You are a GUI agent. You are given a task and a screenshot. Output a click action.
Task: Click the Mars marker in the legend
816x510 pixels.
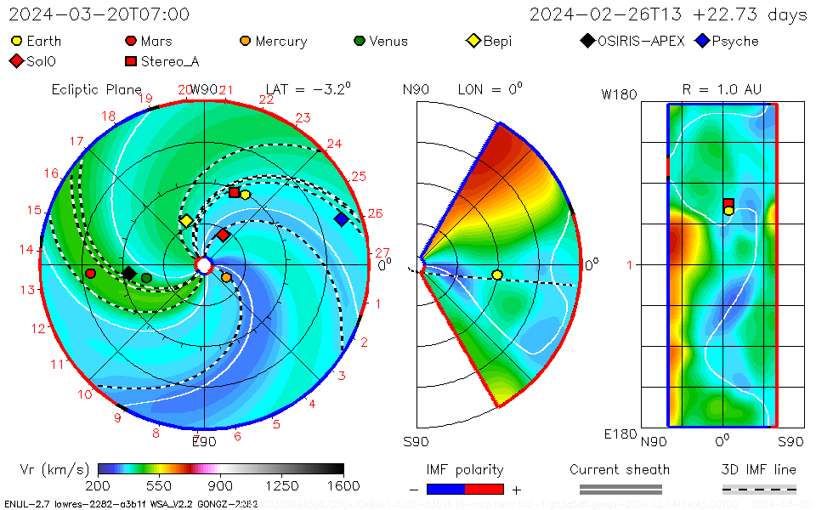(131, 41)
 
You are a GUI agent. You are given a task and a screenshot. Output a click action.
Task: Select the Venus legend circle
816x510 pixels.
(360, 41)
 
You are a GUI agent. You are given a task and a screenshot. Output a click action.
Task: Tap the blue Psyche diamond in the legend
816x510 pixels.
(702, 41)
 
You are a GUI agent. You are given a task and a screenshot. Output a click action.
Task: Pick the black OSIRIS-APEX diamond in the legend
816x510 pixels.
(588, 41)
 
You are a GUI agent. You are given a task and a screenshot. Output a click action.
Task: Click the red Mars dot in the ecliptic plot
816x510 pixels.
(90, 273)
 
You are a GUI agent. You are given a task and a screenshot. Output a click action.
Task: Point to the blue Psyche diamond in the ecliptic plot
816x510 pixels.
(341, 219)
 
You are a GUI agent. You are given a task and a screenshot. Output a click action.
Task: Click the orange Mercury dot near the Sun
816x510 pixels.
(226, 277)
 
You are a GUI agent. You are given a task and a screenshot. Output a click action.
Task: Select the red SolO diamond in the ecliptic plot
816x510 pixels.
(223, 235)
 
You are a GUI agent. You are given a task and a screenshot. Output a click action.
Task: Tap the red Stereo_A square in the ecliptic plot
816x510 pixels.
(235, 192)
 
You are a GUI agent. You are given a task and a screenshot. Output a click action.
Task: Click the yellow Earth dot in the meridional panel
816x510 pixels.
(497, 275)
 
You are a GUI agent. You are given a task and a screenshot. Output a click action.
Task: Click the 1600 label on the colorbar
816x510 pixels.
(343, 485)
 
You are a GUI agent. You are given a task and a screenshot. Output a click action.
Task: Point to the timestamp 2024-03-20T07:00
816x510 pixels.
(99, 14)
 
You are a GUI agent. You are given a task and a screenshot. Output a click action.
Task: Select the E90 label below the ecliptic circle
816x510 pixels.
(204, 441)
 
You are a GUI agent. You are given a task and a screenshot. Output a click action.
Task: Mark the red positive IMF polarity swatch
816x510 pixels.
(484, 489)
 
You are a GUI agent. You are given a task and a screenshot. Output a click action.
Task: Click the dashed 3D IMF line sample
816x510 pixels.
(759, 489)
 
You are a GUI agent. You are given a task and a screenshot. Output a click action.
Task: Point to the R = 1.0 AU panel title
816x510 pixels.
(722, 89)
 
